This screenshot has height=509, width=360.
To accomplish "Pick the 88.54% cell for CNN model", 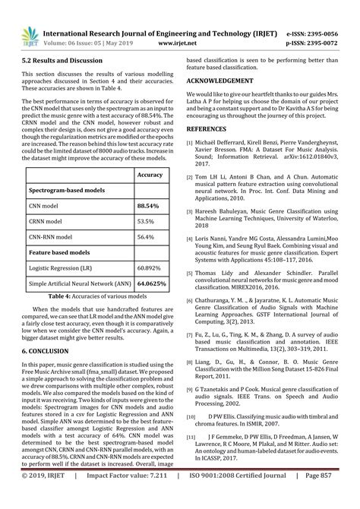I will pyautogui.click(x=147, y=205).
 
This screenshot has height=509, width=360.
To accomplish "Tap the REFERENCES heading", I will pyautogui.click(x=212, y=130).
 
